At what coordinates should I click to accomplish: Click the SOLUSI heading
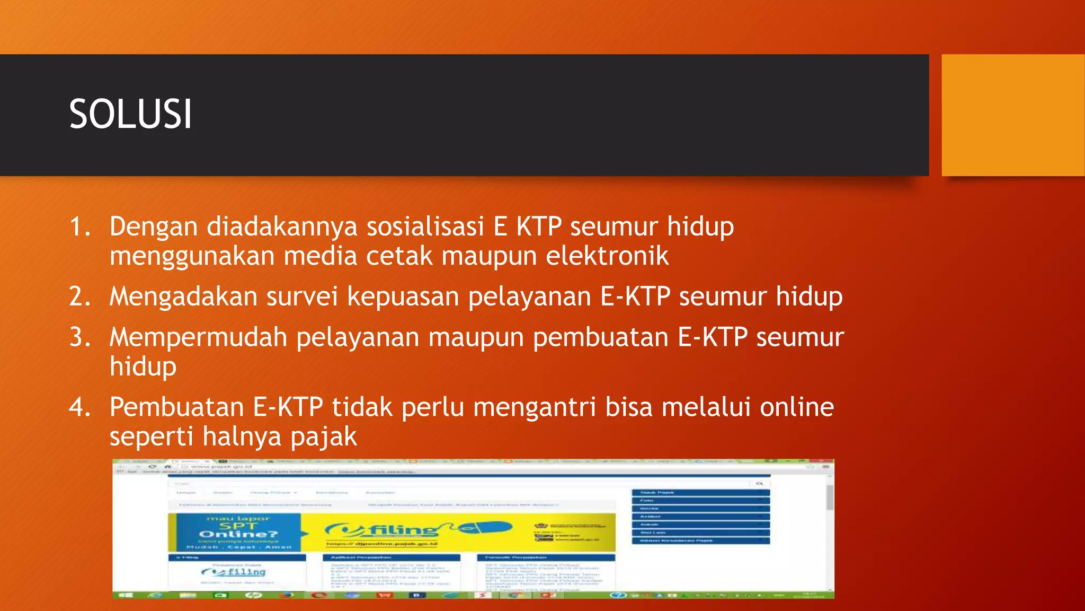tap(130, 115)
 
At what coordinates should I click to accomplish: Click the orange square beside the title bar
tap(1012, 115)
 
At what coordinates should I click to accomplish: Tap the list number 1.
tap(80, 227)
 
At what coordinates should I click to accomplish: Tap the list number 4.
tap(80, 408)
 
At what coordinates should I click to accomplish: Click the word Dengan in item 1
tap(153, 227)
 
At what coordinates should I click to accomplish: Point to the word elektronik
tap(607, 256)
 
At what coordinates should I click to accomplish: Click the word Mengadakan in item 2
tap(183, 296)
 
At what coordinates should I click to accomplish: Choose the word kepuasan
tap(403, 296)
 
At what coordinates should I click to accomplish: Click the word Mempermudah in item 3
tap(198, 338)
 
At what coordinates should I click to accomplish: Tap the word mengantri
tap(535, 408)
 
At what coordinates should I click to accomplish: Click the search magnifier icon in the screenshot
tap(759, 484)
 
